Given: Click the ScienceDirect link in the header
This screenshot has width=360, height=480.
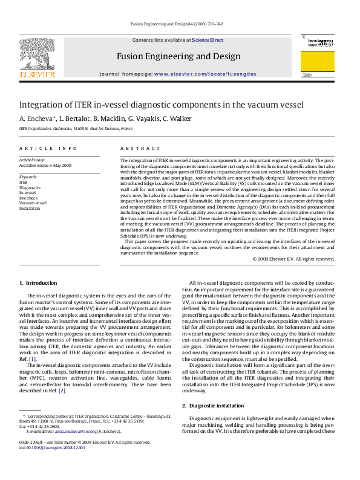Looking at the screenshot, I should click(208, 41).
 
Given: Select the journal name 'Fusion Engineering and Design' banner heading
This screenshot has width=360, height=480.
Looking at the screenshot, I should click(179, 56).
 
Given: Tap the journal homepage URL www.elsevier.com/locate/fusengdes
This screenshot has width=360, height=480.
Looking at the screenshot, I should click(205, 74).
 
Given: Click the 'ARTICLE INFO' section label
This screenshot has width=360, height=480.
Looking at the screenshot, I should click(48, 148).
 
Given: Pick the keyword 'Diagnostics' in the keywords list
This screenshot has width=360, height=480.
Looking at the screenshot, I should click(30, 187).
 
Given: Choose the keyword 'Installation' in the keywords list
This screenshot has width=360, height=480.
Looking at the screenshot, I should click(30, 207).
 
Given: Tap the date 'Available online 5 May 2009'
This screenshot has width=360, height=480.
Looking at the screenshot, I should click(45, 165).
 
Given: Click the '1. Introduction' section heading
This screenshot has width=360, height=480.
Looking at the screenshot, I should click(38, 283).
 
